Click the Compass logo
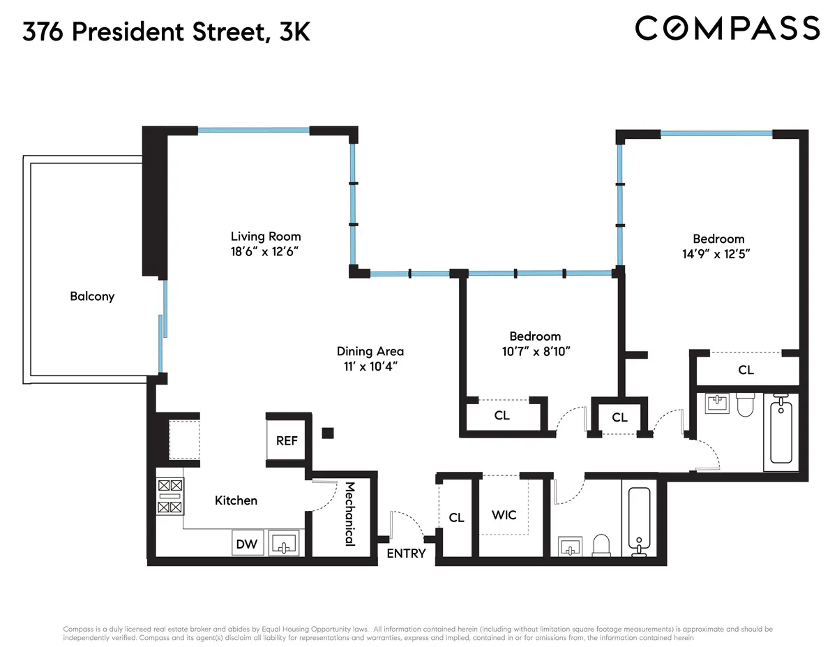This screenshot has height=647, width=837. (x=727, y=28)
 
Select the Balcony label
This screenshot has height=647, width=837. (x=92, y=296)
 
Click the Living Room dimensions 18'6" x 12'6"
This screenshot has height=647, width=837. (x=266, y=251)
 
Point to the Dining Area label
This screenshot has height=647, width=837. (x=370, y=351)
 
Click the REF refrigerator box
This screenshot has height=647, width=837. (x=287, y=441)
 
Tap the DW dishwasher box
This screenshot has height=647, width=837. (x=245, y=543)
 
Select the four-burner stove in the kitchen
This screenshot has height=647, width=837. (x=170, y=496)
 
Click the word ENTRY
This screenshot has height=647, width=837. (x=406, y=553)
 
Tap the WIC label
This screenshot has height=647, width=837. (x=504, y=514)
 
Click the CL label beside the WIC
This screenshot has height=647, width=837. (x=456, y=517)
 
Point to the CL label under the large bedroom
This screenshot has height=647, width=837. (x=746, y=370)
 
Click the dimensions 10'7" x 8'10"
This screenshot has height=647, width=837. (x=536, y=351)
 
